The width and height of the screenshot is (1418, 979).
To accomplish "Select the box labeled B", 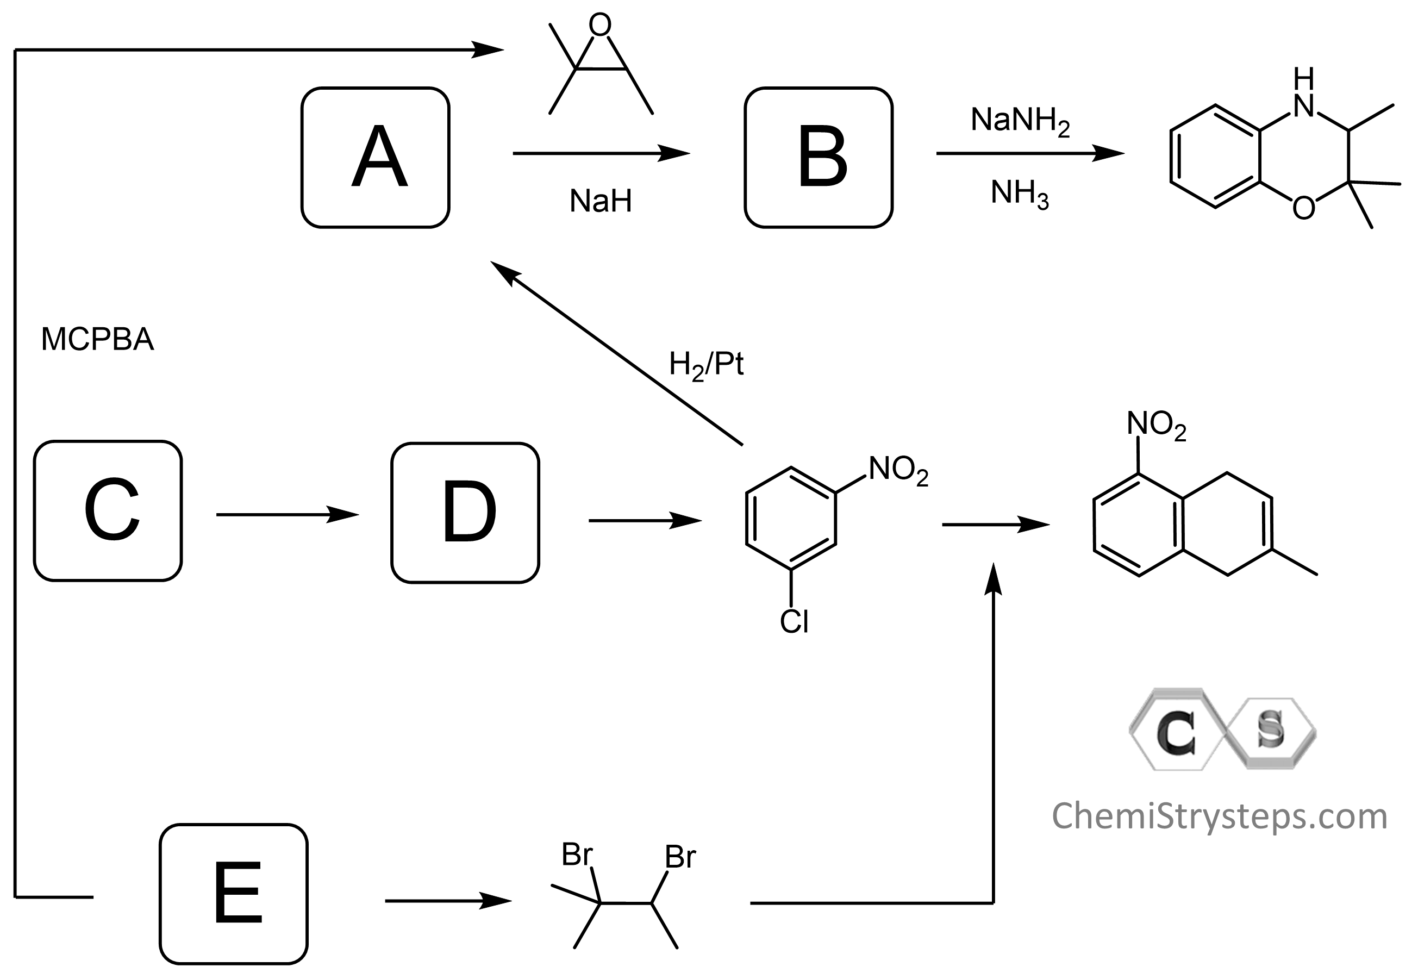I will pos(818,158).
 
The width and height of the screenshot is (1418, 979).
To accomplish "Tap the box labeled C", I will pos(108,510).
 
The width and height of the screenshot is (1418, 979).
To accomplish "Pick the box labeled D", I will pos(465,512).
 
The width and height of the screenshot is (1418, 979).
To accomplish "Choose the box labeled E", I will pos(234,893).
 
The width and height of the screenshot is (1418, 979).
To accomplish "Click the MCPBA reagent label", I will pos(97,339).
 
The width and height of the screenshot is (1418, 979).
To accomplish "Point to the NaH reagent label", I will pos(601,201).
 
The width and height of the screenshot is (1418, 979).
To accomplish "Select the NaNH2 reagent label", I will pos(1020,121).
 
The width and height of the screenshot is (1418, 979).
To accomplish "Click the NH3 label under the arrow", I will pos(1020,194).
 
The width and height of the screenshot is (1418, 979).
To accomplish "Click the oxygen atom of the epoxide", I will pos(600,24).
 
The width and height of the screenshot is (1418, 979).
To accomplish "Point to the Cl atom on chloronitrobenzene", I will pos(794,622).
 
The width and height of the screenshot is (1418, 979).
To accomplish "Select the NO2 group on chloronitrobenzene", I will pos(898,471).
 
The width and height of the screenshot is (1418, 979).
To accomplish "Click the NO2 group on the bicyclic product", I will pos(1156,425).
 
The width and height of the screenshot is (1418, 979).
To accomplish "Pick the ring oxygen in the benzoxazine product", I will pos(1303,209).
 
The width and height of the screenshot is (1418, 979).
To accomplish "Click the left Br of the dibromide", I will pos(577,855).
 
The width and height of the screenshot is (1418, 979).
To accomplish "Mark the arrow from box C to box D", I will pos(287,514).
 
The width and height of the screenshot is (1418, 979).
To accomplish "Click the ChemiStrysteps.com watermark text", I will pos(1219,816).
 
